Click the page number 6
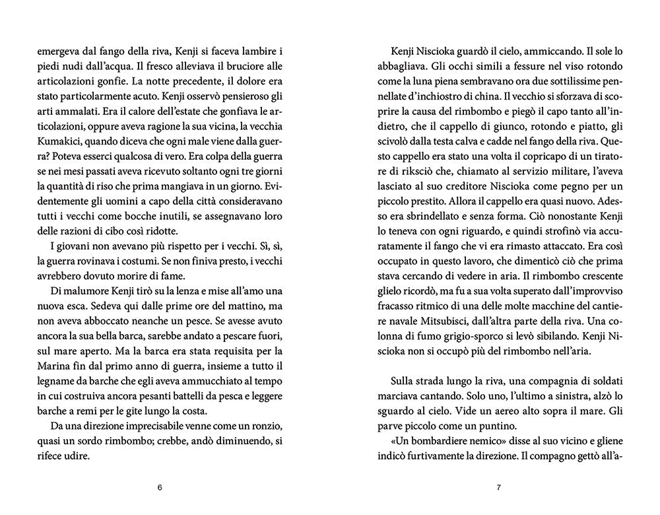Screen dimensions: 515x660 pos(159,488)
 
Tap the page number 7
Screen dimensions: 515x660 pos(499,488)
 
